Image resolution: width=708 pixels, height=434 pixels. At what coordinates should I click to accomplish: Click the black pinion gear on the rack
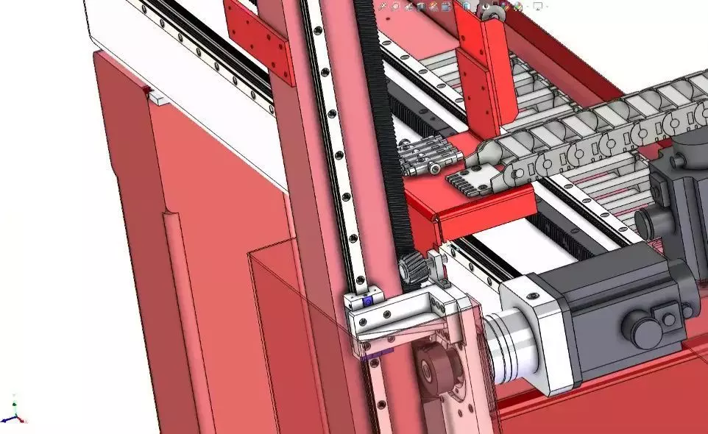point(414,268)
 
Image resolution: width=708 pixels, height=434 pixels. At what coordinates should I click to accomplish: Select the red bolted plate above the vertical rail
point(259,40)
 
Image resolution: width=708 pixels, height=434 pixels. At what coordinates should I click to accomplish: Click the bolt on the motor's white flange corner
point(532,296)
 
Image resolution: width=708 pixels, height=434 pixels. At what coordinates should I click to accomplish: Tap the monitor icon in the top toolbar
point(538,6)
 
